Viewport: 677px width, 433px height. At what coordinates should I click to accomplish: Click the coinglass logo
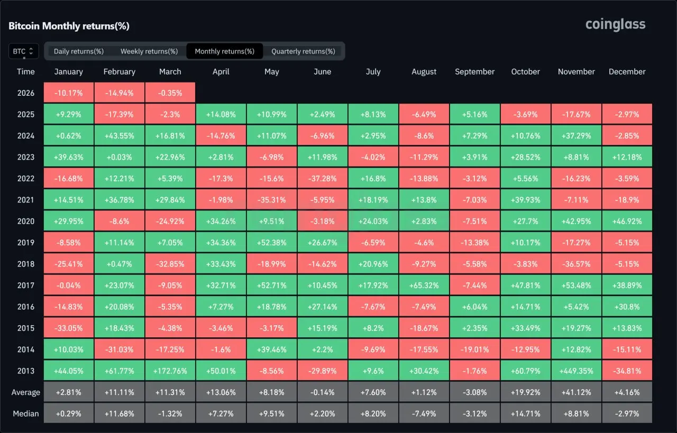click(615, 24)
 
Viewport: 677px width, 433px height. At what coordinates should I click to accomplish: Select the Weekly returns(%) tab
click(149, 51)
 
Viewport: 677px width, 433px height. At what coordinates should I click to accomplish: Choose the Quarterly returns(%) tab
click(303, 51)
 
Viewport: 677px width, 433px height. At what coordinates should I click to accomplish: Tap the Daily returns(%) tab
click(79, 51)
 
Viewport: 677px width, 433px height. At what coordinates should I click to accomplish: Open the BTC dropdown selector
click(23, 51)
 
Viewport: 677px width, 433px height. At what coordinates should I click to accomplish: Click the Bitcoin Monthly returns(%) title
click(69, 26)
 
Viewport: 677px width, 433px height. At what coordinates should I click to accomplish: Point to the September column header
click(474, 72)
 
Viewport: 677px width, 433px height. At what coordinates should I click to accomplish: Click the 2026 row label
click(25, 93)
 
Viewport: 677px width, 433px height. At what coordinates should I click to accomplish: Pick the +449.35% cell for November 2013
click(576, 371)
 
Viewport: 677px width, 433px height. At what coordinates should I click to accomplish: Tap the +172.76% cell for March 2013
click(170, 371)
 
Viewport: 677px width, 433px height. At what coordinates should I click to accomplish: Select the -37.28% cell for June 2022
click(322, 178)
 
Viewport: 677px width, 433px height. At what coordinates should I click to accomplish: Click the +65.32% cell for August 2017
click(424, 285)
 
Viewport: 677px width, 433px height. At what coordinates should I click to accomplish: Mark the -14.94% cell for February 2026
click(119, 93)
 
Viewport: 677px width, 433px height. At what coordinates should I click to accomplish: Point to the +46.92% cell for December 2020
click(627, 221)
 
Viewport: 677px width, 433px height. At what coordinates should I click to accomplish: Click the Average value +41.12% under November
click(576, 392)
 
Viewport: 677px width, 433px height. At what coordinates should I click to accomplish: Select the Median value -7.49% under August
click(424, 413)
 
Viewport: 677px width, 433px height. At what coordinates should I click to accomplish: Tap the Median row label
click(25, 413)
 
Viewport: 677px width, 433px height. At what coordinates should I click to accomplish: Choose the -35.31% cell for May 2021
click(271, 200)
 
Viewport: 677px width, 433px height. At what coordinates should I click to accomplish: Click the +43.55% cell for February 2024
click(119, 136)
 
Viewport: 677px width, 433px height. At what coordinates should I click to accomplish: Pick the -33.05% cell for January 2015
click(68, 328)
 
